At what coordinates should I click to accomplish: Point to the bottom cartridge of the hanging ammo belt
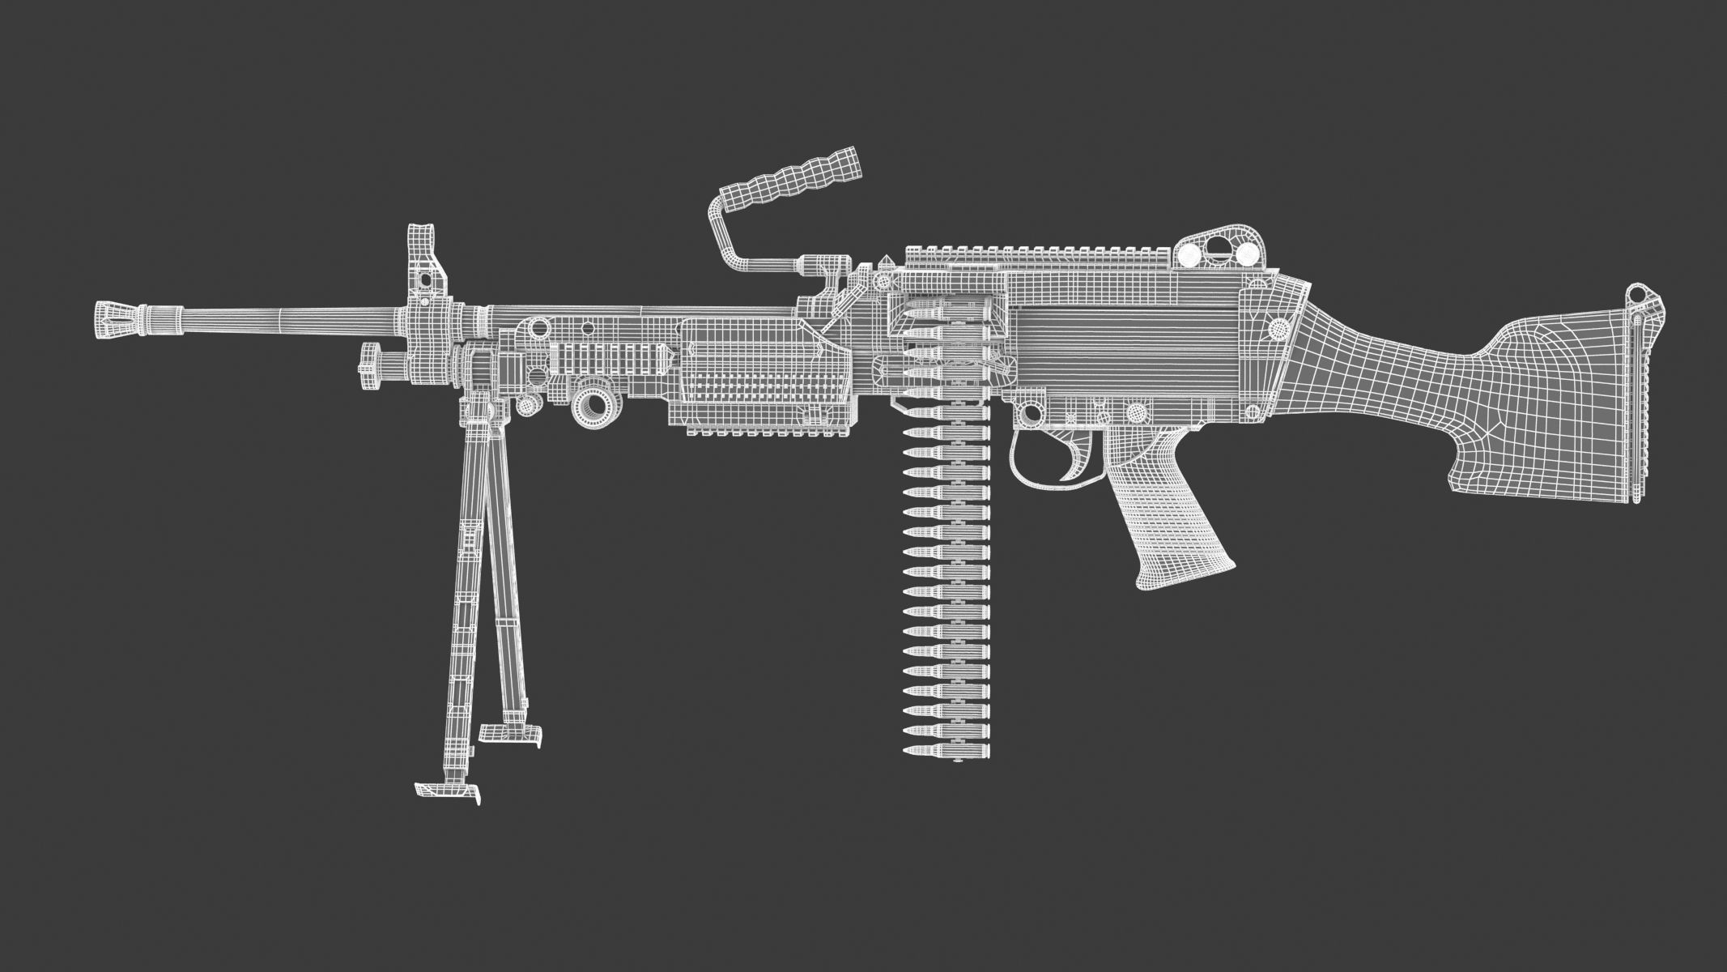tap(945, 752)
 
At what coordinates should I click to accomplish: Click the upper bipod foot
tap(511, 733)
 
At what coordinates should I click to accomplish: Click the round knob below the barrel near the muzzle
tap(371, 366)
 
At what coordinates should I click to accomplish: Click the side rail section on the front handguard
tap(611, 356)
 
